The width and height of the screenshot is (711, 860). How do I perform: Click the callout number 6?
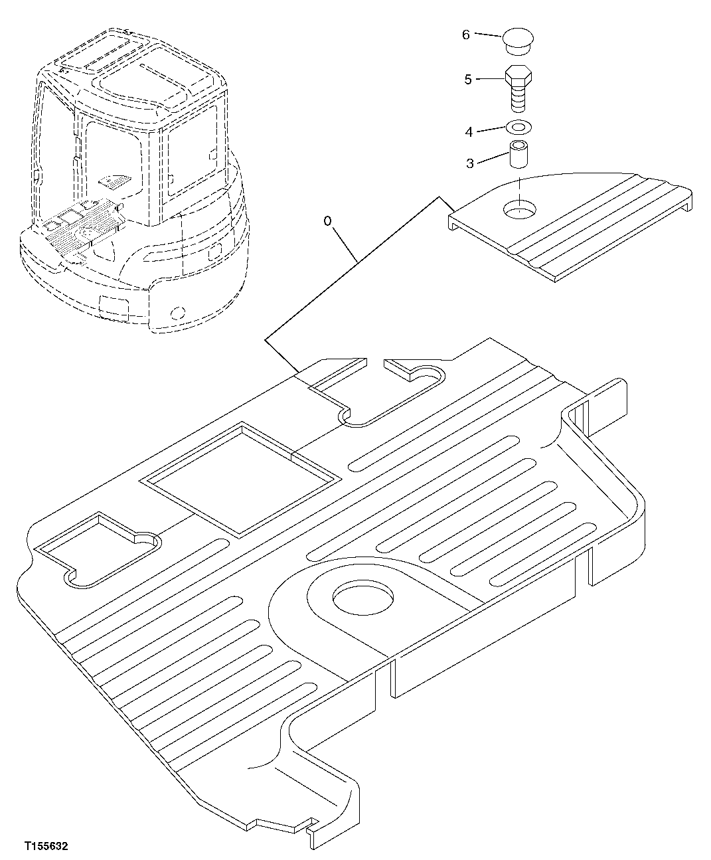pyautogui.click(x=465, y=35)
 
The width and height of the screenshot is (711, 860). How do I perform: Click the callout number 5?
pyautogui.click(x=467, y=80)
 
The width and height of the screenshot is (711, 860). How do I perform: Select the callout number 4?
pyautogui.click(x=469, y=132)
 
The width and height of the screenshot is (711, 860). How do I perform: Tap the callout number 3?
pyautogui.click(x=469, y=163)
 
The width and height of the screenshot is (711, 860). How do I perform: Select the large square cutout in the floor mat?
pyautogui.click(x=242, y=478)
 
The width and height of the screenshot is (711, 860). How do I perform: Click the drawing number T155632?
pyautogui.click(x=46, y=847)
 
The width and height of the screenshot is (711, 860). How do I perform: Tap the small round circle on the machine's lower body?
pyautogui.click(x=177, y=311)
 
